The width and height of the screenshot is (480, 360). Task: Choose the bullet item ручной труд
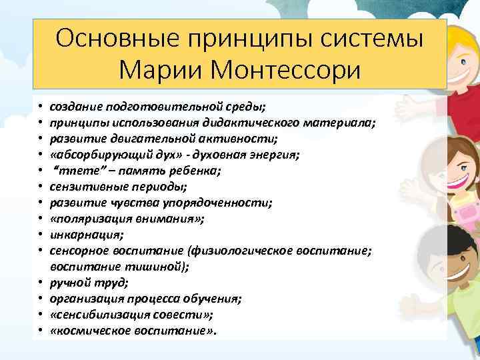[x=81, y=282]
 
